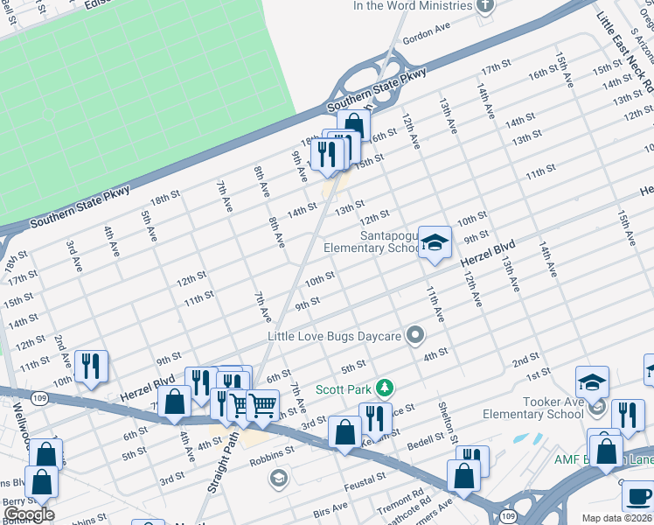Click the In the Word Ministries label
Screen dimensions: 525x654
coord(412,5)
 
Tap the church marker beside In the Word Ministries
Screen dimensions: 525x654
coord(486,5)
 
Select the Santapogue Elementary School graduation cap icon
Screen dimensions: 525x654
coord(433,243)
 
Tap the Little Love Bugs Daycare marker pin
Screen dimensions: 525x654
coord(415,336)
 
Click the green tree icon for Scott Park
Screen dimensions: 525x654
coord(383,388)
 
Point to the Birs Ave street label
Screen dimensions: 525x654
coord(330,509)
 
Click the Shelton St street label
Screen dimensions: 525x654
coord(448,428)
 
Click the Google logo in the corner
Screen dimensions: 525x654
coord(28,514)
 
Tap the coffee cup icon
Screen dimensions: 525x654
coord(638,496)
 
